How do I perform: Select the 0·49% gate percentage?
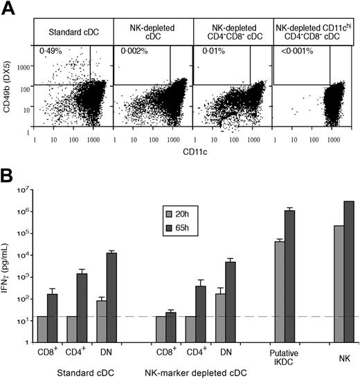[x=49, y=51]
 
